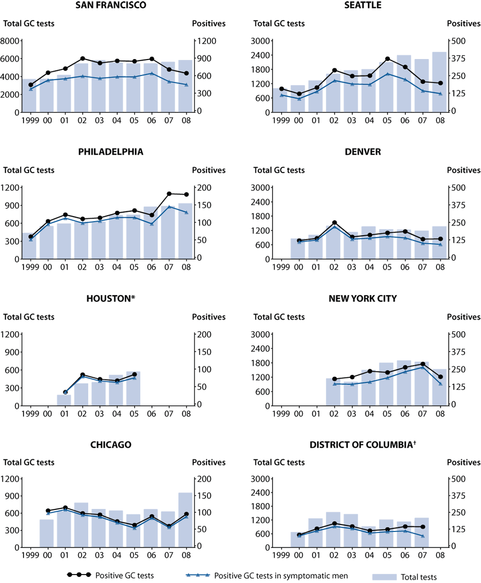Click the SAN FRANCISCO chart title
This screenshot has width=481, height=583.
coord(111,6)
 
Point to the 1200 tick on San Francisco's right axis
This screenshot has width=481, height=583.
coord(205,41)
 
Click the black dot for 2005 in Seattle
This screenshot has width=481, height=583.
coord(387,59)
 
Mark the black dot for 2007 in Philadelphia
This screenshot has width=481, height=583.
coord(169,194)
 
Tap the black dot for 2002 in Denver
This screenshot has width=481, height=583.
coord(335,223)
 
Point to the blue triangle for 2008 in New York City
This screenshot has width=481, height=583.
coord(440,384)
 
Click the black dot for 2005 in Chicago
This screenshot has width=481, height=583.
coord(134,525)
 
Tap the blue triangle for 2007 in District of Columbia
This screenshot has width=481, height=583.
coord(422,536)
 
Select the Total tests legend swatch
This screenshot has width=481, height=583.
coord(385,576)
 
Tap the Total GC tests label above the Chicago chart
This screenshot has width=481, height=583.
coord(29,462)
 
